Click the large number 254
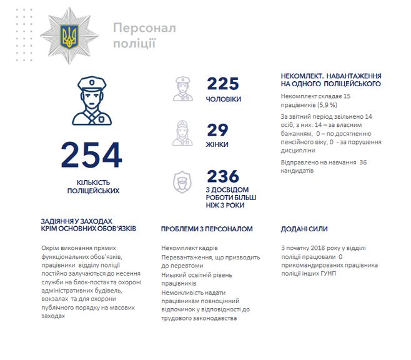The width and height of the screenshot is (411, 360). click(x=92, y=156)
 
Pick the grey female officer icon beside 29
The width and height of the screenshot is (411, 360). click(x=181, y=134)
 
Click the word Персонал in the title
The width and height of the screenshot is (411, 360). click(x=144, y=28)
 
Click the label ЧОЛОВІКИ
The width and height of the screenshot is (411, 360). click(x=225, y=99)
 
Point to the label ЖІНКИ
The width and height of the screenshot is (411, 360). click(x=217, y=144)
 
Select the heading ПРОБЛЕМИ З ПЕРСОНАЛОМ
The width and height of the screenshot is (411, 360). click(x=207, y=229)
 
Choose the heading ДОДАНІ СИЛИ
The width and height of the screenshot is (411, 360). click(x=304, y=229)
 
